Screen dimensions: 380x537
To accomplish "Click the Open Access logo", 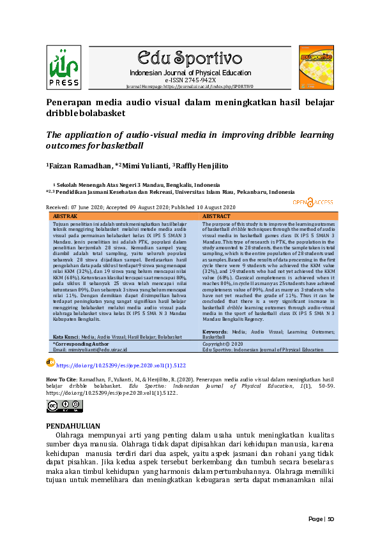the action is pos(313,202).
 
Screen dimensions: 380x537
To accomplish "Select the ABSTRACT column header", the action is pos(217,216).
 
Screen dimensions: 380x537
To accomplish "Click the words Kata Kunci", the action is pos(66,335).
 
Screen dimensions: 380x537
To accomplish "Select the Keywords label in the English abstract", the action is pos(215,332).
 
